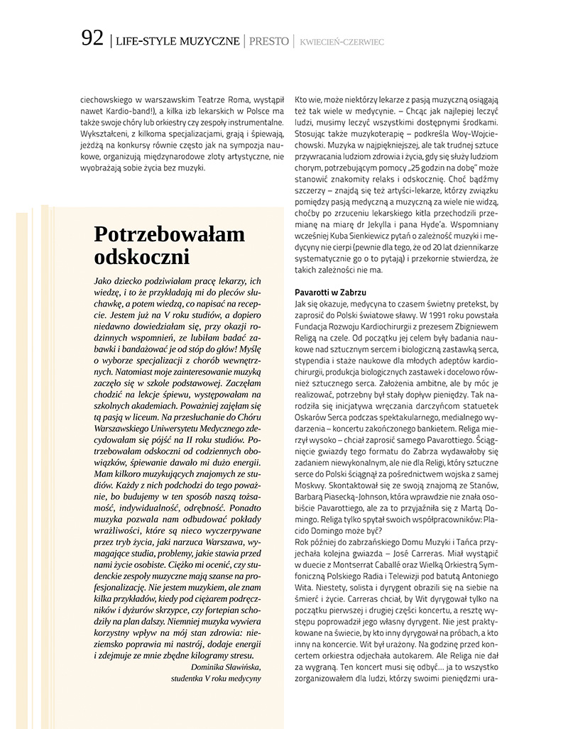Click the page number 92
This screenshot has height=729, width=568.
point(92,40)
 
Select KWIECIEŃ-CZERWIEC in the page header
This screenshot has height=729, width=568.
point(342,43)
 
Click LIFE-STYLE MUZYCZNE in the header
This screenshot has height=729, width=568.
point(177,42)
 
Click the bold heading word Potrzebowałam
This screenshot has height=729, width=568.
point(169,234)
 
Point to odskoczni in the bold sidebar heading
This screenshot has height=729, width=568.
point(142,256)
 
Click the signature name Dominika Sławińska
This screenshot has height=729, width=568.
point(226,667)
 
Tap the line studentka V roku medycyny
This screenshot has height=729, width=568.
point(216,678)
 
